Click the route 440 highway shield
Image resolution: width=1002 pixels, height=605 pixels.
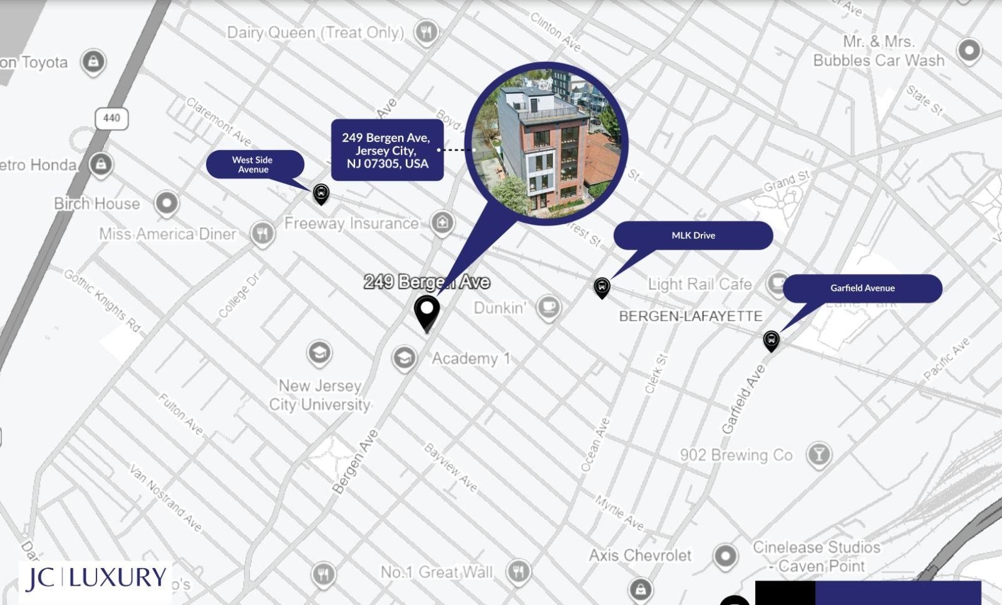tap(111, 118)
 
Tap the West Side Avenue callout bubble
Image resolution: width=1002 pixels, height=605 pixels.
tap(254, 165)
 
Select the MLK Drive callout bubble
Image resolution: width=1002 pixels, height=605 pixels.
tap(693, 235)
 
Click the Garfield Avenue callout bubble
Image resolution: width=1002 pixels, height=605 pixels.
tap(862, 288)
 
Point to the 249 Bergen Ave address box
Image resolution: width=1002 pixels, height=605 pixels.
tap(386, 150)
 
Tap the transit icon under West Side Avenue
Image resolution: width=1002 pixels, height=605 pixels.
tap(321, 193)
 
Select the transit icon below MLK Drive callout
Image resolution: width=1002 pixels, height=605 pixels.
tap(601, 287)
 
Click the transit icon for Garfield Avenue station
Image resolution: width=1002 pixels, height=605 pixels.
tap(771, 340)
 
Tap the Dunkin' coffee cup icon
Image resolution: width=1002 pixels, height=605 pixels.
tap(549, 307)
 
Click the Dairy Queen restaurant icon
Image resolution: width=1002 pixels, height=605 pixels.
tap(426, 31)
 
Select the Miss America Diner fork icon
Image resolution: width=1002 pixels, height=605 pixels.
tap(262, 233)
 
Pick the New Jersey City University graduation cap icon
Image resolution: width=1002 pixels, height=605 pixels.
tap(319, 353)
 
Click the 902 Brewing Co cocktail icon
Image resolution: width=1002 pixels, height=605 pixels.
tap(819, 454)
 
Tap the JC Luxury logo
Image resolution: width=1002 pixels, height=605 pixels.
tap(95, 579)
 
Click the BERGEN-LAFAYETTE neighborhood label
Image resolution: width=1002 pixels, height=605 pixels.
tap(690, 317)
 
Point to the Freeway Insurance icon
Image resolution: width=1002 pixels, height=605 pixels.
tap(442, 221)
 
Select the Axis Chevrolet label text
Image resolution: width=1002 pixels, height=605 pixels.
tap(640, 555)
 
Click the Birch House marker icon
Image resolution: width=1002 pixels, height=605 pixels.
tap(166, 203)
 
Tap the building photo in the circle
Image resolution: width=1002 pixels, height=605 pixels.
tap(546, 143)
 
